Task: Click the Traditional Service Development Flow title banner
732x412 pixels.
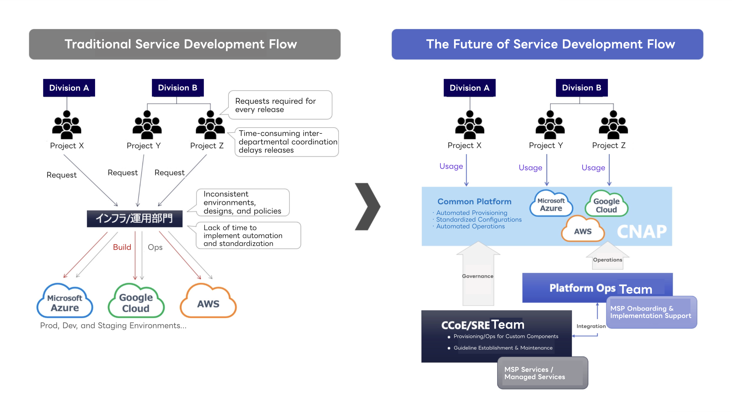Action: tap(185, 44)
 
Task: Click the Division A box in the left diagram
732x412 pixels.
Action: tap(69, 88)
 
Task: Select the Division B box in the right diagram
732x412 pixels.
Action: tap(581, 88)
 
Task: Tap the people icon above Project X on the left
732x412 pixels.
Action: tap(67, 125)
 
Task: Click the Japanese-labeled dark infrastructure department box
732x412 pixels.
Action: tap(135, 219)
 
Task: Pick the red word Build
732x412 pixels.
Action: tap(122, 247)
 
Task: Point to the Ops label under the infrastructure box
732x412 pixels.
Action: tap(155, 247)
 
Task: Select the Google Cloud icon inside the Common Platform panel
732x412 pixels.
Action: tap(606, 205)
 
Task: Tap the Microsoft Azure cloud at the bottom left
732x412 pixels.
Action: tap(65, 302)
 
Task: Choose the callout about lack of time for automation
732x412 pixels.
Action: tap(248, 236)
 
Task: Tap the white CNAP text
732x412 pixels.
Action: tap(641, 232)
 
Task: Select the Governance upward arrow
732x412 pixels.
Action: tap(478, 275)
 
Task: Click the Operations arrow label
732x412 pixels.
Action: tap(607, 260)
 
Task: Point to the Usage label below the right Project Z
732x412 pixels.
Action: tap(593, 168)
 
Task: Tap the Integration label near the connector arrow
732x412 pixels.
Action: tap(591, 326)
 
